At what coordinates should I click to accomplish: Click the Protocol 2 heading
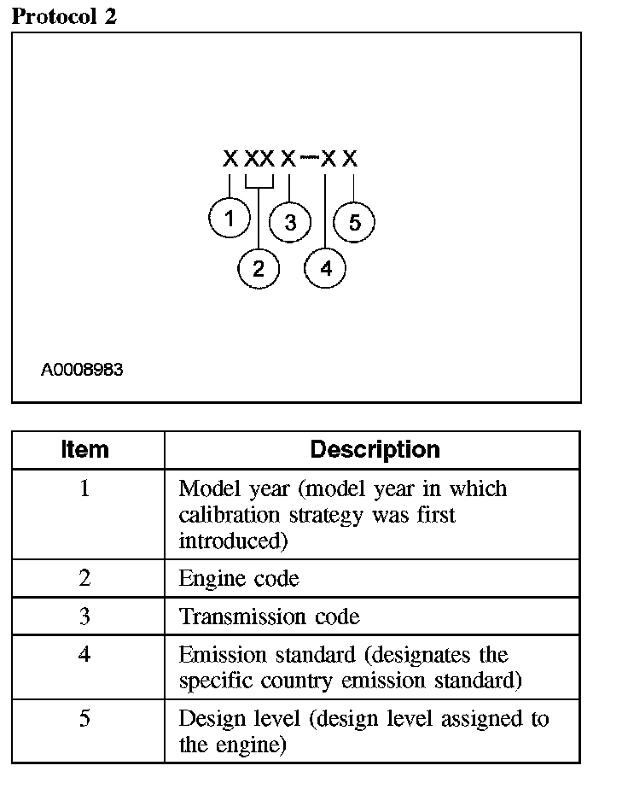point(64,16)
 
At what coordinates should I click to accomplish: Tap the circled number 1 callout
point(229,219)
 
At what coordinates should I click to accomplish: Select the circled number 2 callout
point(259,269)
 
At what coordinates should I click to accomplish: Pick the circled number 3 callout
point(290,223)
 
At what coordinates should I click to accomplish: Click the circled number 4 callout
point(326,269)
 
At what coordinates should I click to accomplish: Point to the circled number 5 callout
point(354,223)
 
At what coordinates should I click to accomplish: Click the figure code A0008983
point(82,370)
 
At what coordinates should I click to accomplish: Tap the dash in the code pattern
point(308,158)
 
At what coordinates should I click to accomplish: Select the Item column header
point(85,449)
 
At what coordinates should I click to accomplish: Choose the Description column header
point(375,449)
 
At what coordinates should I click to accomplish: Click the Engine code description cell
point(239,579)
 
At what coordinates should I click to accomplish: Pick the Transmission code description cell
point(269,617)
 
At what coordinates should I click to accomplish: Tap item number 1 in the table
point(85,489)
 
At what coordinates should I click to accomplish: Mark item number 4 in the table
point(85,655)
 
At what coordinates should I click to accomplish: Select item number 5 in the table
point(85,718)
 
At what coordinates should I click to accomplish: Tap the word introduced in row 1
point(224,541)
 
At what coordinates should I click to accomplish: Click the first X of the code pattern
point(230,159)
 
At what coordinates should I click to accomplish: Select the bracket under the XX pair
point(259,184)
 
